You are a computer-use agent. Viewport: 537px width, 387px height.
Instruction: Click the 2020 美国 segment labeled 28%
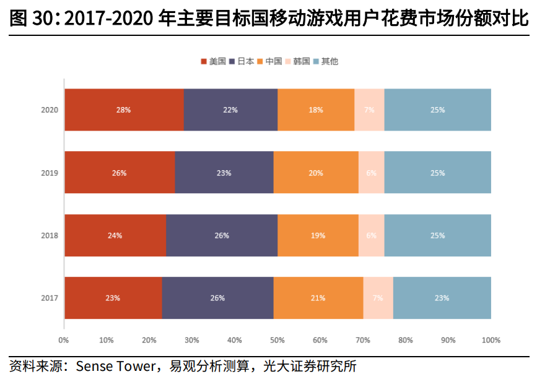pos(123,110)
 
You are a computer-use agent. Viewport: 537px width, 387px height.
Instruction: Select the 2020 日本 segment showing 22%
pos(230,110)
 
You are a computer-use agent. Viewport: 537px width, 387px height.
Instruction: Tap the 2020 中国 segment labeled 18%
pos(316,110)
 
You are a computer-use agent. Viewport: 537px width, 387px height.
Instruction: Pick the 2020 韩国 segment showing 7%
pos(369,110)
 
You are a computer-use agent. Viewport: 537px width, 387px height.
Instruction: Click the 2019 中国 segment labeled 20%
pos(316,173)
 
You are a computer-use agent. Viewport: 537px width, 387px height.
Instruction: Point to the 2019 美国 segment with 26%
pos(119,173)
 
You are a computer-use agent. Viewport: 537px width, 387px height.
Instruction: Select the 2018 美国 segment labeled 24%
pos(115,235)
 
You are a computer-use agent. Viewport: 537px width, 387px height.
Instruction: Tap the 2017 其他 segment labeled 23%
pos(442,298)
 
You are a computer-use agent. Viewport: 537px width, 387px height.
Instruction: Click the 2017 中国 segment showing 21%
pos(318,298)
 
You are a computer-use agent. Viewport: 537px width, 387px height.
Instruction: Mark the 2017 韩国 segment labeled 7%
pos(378,298)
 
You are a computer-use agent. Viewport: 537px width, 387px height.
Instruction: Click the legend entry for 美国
pos(213,61)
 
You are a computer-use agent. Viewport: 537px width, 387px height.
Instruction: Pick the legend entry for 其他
pos(326,61)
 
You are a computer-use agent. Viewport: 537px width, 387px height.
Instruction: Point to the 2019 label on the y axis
pos(50,173)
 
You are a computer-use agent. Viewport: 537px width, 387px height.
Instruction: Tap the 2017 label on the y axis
pos(50,298)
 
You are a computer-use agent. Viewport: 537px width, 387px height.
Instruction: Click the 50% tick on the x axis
pos(277,340)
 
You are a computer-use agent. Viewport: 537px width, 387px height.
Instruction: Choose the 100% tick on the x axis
pos(491,340)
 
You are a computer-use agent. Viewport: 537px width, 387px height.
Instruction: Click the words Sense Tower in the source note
pos(115,366)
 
